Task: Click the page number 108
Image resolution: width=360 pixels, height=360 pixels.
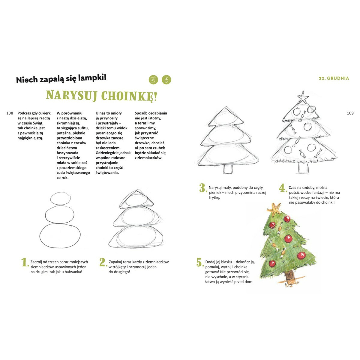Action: pyautogui.click(x=10, y=113)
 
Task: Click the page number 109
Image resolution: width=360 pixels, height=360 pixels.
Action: pyautogui.click(x=350, y=113)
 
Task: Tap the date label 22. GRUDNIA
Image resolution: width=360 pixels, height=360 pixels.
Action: pyautogui.click(x=334, y=78)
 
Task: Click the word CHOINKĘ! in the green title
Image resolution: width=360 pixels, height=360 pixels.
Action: pyautogui.click(x=129, y=96)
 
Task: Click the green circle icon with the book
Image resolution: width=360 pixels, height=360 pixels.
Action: pyautogui.click(x=153, y=80)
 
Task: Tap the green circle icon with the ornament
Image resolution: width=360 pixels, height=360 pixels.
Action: pyautogui.click(x=166, y=80)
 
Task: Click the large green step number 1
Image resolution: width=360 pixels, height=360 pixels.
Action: pyautogui.click(x=25, y=262)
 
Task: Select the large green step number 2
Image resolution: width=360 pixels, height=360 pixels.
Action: pyautogui.click(x=103, y=262)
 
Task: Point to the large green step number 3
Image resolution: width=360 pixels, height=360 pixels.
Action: pyautogui.click(x=203, y=188)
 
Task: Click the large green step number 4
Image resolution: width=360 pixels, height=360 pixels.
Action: pyautogui.click(x=283, y=188)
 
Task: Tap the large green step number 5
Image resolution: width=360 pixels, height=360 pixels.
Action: pyautogui.click(x=199, y=262)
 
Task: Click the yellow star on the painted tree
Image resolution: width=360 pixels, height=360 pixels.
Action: pyautogui.click(x=274, y=209)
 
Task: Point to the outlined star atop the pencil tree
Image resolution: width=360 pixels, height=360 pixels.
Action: pyautogui.click(x=303, y=97)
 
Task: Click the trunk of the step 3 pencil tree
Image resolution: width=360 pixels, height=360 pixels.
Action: pyautogui.click(x=228, y=169)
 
